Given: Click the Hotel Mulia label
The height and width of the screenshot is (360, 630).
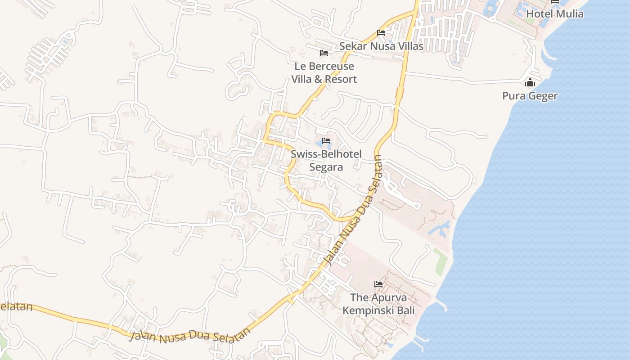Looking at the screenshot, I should (554, 14).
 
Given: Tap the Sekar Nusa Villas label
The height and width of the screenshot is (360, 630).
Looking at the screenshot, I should (381, 46).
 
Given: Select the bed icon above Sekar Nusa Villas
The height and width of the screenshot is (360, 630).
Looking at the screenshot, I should (381, 33).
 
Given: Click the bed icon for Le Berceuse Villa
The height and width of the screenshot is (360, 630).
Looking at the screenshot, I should (324, 53).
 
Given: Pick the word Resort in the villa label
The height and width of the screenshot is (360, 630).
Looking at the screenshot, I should (341, 80).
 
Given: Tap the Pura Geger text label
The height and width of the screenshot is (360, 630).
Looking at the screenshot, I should (530, 96).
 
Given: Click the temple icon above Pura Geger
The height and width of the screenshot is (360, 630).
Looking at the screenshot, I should (530, 83).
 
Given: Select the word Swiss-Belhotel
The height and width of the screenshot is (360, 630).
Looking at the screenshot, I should (326, 154).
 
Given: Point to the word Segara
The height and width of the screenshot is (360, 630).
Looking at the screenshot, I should (326, 167).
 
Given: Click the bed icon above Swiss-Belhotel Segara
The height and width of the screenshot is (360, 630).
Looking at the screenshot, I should (327, 141).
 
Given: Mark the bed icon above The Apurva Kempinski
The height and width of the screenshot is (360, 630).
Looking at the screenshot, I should (378, 284).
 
